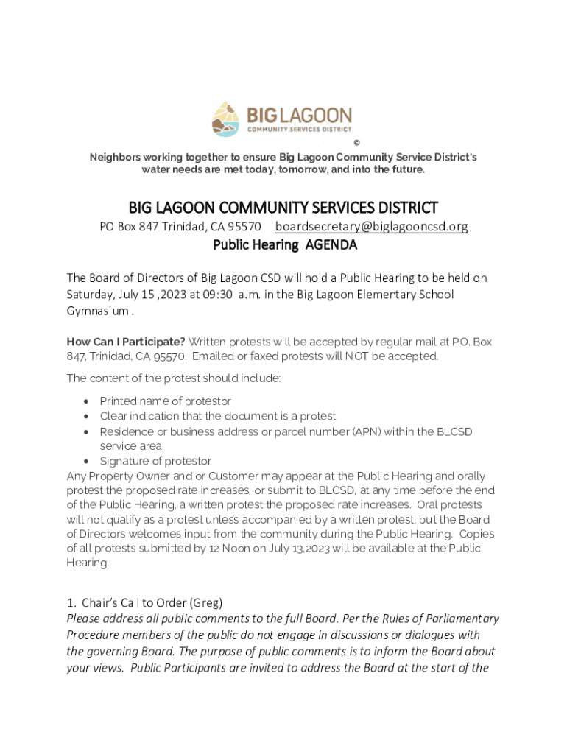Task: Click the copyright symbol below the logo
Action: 356,143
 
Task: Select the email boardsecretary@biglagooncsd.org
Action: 371,227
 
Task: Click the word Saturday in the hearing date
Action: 91,295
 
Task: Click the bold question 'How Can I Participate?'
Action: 126,342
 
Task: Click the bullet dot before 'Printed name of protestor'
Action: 87,401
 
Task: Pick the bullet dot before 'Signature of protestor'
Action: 87,462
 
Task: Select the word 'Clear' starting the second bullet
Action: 114,416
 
